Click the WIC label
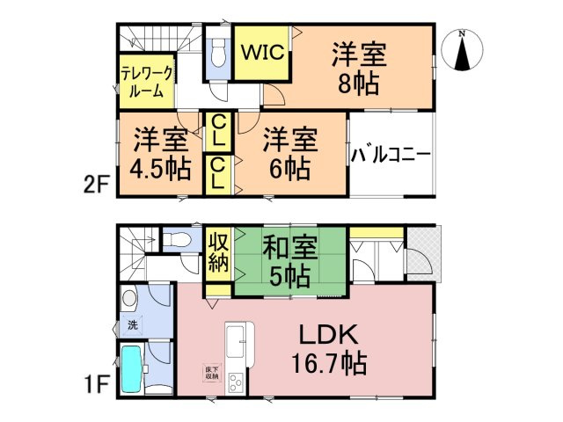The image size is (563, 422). click(x=263, y=53)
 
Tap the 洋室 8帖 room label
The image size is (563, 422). click(x=359, y=69)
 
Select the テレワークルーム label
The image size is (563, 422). click(x=147, y=82)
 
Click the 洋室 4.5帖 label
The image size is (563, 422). click(x=160, y=155)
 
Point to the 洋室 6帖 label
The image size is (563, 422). click(x=290, y=155)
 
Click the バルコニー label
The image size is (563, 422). click(x=391, y=155)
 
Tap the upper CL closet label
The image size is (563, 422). click(x=218, y=131)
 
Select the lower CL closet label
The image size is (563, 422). click(x=218, y=174)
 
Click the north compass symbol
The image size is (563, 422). click(x=462, y=50)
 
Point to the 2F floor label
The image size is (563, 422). click(x=96, y=184)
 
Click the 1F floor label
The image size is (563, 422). click(x=97, y=384)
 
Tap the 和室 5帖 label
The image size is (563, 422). click(x=290, y=262)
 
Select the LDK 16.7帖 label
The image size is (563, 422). click(x=328, y=348)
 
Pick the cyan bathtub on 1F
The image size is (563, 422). click(x=131, y=369)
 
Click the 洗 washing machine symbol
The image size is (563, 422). click(x=133, y=326)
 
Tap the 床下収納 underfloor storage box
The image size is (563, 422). click(x=212, y=373)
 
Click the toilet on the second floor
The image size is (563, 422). click(x=218, y=53)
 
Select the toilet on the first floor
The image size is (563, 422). click(x=176, y=239)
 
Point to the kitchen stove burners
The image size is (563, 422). click(x=236, y=383)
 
